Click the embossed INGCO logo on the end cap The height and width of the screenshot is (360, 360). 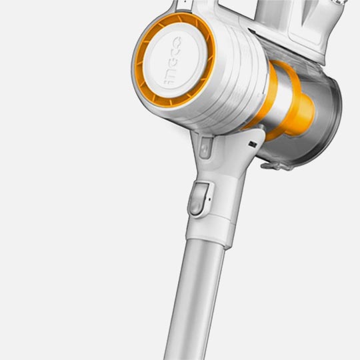pyautogui.click(x=172, y=61)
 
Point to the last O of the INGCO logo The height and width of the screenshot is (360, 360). pyautogui.click(x=177, y=41)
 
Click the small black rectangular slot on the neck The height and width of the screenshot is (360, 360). pyautogui.click(x=253, y=144)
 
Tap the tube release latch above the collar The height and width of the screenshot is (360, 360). pyautogui.click(x=199, y=199)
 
